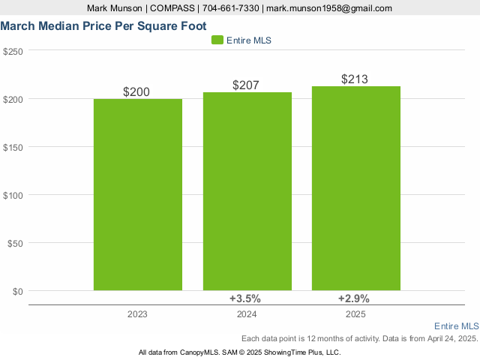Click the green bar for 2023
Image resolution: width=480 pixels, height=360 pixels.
tap(138, 194)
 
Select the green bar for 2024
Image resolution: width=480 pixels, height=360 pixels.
tap(247, 191)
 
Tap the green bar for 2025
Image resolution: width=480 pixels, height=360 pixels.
tap(356, 188)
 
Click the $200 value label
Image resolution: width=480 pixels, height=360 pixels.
tap(136, 92)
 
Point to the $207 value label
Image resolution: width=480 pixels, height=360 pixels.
tap(246, 85)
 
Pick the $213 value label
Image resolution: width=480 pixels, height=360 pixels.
tap(355, 79)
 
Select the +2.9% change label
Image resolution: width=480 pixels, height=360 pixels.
tap(353, 298)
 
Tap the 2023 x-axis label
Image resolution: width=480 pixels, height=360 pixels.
tap(137, 315)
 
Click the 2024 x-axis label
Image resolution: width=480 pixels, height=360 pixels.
tap(247, 315)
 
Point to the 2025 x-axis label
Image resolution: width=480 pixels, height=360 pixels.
tap(356, 315)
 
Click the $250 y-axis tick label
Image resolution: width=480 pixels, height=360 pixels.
tap(13, 51)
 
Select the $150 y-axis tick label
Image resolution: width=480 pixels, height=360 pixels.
tap(13, 147)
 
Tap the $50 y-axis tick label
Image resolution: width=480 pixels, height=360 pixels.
tap(16, 243)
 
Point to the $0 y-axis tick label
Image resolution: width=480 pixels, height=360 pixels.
tap(18, 291)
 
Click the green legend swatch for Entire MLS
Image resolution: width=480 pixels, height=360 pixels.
tap(217, 40)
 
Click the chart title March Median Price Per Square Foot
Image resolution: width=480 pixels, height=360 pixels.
tap(94, 25)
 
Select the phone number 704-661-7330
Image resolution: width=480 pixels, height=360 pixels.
tap(227, 8)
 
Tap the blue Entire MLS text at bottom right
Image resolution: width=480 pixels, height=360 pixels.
tap(456, 326)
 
